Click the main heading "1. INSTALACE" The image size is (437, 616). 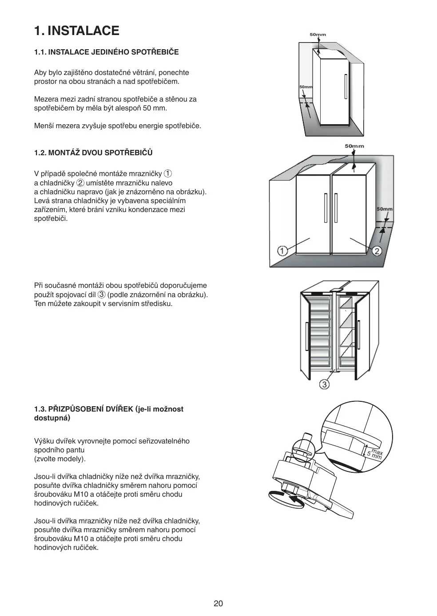77,31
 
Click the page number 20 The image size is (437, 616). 218,603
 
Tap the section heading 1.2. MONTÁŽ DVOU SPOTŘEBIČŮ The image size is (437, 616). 93,153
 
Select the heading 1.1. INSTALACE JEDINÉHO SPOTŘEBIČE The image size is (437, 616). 107,52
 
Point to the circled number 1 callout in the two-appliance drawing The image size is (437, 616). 282,251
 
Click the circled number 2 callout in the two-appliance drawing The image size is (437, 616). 377,251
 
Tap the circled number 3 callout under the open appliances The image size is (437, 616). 325,384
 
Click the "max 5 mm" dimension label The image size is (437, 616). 374,454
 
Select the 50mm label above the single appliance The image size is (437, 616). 318,35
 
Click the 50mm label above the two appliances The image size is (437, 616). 354,146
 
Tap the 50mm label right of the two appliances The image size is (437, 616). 385,209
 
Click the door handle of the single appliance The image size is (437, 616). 346,86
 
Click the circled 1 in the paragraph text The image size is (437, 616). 168,173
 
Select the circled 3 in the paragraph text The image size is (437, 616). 102,294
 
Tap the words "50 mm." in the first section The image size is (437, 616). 158,108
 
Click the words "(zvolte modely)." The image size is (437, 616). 60,459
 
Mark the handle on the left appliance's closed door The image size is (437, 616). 326,208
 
